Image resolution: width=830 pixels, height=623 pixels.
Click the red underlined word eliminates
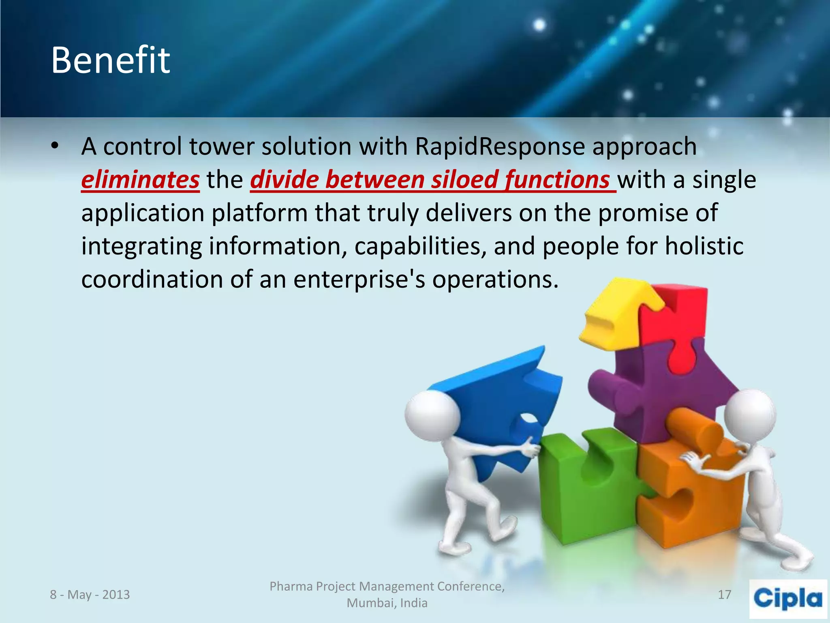(140, 179)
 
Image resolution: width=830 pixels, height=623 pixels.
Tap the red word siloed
(464, 179)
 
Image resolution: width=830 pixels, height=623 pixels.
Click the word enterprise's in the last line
(359, 279)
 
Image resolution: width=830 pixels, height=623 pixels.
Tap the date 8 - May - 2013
(90, 595)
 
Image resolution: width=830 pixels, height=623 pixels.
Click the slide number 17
(724, 595)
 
